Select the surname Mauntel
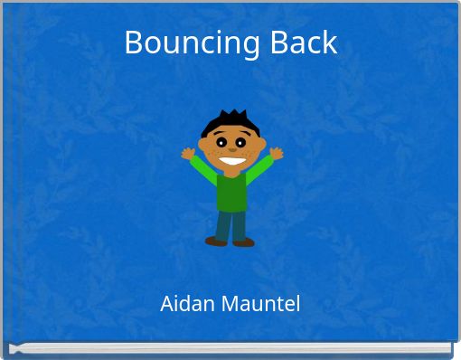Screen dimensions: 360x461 coord(258,304)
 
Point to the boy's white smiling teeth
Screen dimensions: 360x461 coord(232,164)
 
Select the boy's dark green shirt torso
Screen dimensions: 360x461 coord(231,192)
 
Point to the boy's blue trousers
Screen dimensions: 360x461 coord(230,224)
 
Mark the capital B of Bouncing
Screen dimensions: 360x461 coord(134,43)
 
